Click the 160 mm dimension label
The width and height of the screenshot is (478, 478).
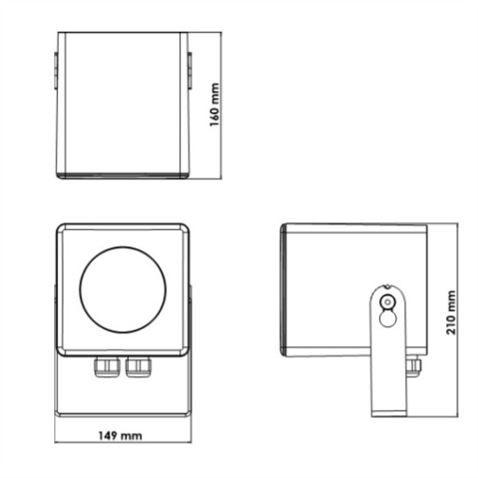tap(215, 105)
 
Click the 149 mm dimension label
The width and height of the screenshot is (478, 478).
tap(120, 436)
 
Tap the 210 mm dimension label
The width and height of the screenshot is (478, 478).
tap(451, 313)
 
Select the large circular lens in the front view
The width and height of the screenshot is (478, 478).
tap(123, 289)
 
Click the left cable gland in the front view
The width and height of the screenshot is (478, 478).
tap(106, 367)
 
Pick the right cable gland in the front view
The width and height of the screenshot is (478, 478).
tap(138, 367)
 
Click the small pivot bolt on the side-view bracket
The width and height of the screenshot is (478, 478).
tap(387, 302)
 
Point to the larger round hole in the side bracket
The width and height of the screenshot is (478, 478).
tap(387, 318)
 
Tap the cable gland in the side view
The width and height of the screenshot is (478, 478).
tap(414, 366)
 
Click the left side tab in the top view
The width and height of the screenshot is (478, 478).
tap(56, 70)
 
